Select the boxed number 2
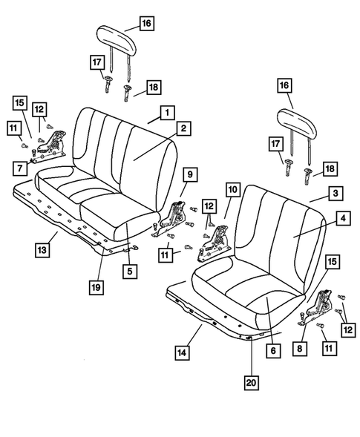click(x=183, y=128)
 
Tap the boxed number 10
click(x=232, y=191)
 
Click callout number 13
click(x=44, y=248)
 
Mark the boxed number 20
click(x=252, y=383)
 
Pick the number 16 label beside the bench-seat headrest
click(x=146, y=23)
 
